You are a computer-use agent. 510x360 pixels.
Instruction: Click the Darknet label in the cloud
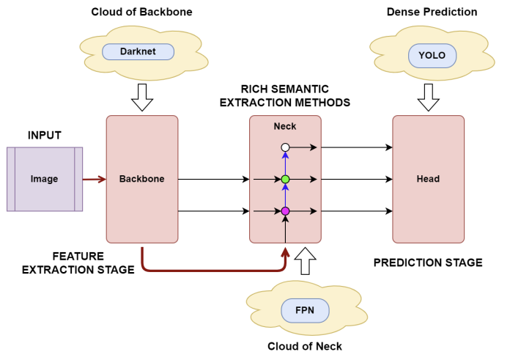138,52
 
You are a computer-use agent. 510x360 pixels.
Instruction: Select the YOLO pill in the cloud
432,54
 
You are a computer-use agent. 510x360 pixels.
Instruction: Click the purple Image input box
45,179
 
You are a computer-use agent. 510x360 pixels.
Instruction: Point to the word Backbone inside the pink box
141,179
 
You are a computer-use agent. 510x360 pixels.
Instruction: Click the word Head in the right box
428,179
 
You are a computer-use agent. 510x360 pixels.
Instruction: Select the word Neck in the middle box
285,126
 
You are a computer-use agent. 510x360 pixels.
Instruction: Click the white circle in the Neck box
286,147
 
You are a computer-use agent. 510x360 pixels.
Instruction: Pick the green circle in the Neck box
286,179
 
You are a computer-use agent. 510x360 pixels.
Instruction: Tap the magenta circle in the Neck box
286,211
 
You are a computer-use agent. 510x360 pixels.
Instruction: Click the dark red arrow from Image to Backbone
95,179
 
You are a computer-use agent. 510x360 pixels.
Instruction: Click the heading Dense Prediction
432,12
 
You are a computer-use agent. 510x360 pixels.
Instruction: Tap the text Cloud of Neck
305,347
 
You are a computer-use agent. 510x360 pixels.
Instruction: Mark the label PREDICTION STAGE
428,262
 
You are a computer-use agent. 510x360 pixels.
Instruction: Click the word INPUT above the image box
44,136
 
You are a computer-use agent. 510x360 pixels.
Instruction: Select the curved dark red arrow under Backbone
212,269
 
